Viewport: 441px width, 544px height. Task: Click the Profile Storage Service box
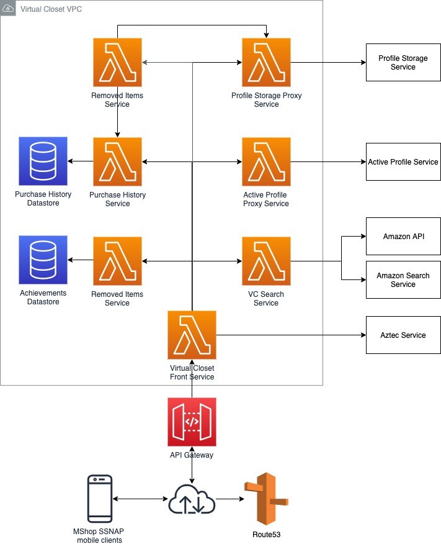pyautogui.click(x=403, y=63)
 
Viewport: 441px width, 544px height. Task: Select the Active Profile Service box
pyautogui.click(x=403, y=161)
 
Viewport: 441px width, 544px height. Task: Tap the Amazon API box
pyautogui.click(x=403, y=236)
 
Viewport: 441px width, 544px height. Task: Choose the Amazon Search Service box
pyautogui.click(x=403, y=279)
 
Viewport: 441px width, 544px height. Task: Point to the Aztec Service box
pyautogui.click(x=403, y=335)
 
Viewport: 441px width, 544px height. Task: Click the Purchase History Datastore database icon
pyautogui.click(x=43, y=161)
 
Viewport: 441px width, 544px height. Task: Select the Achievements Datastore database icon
pyautogui.click(x=43, y=260)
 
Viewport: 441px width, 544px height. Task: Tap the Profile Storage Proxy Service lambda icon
pyautogui.click(x=266, y=63)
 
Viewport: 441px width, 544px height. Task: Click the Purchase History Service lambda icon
pyautogui.click(x=117, y=161)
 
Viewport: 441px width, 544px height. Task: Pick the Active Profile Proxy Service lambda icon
pyautogui.click(x=266, y=161)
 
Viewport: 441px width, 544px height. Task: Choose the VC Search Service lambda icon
pyautogui.click(x=266, y=261)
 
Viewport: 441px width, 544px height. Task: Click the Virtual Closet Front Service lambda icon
pyautogui.click(x=192, y=335)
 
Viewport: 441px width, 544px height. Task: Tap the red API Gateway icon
pyautogui.click(x=192, y=422)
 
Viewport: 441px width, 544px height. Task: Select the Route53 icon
pyautogui.click(x=266, y=499)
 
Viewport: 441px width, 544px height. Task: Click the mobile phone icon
pyautogui.click(x=100, y=499)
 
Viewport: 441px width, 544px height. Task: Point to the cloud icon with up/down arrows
pyautogui.click(x=192, y=499)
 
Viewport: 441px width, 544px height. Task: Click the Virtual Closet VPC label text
pyautogui.click(x=51, y=9)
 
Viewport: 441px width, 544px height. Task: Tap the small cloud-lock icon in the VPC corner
pyautogui.click(x=7, y=8)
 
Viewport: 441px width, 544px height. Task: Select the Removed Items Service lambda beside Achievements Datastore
pyautogui.click(x=117, y=261)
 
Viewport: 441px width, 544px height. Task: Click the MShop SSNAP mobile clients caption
pyautogui.click(x=99, y=536)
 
